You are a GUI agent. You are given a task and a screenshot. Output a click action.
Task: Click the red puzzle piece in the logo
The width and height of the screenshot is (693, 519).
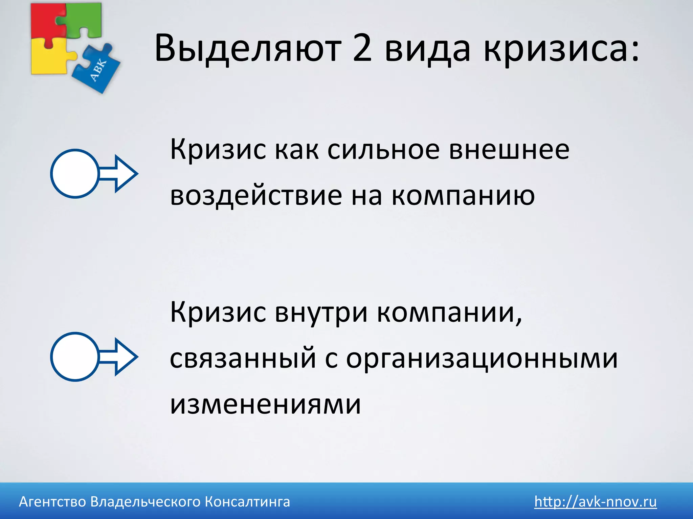46,20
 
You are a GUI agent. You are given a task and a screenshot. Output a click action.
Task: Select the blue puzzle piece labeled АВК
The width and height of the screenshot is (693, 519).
96,69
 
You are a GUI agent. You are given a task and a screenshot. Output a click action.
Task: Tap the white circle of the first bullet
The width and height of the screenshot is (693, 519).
74,174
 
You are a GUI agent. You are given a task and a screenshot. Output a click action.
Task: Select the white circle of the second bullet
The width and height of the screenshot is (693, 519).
74,357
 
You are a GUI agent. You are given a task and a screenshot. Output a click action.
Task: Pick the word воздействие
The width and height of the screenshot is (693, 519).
256,196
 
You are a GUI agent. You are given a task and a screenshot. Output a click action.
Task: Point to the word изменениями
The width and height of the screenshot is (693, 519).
265,404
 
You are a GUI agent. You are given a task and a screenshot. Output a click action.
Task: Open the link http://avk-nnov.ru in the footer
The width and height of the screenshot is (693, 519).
596,501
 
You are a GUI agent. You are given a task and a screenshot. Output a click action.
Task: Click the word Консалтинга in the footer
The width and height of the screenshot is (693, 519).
247,502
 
